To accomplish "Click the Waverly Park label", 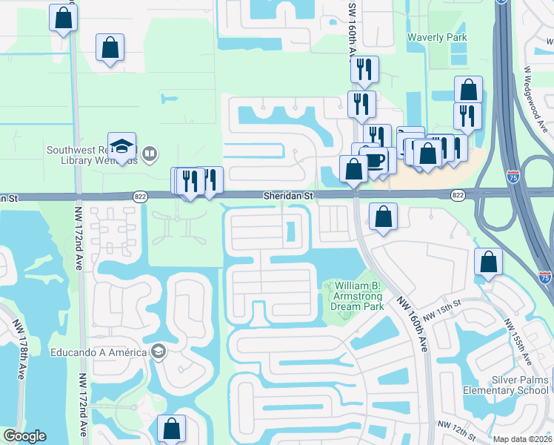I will click(437, 36).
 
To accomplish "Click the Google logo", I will click(24, 436).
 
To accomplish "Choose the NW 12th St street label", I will click(455, 425).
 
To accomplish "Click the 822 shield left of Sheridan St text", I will click(140, 196).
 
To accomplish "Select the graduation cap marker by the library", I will click(121, 146).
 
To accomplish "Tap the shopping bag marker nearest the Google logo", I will click(171, 428).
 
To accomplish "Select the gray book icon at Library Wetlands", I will click(150, 154).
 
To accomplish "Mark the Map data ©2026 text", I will click(523, 439).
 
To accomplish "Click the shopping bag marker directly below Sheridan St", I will click(383, 217).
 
